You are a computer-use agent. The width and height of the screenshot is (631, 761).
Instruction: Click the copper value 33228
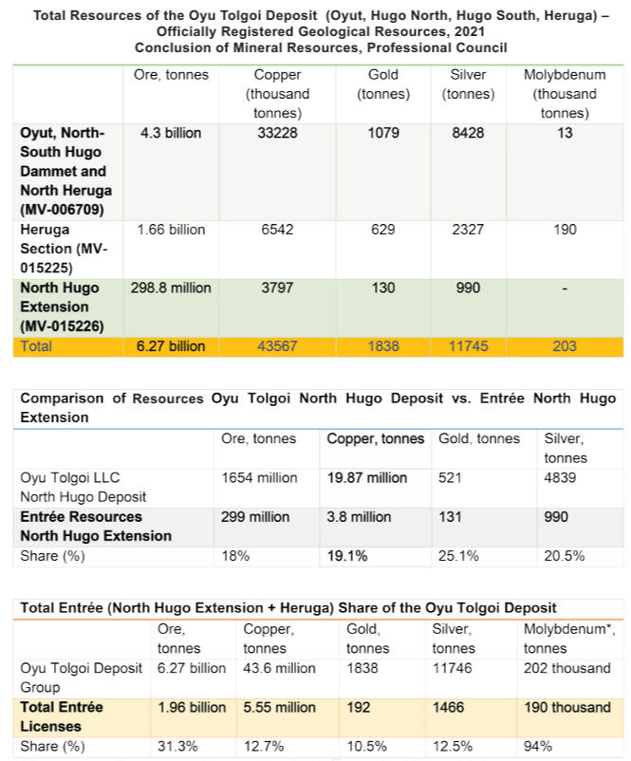coord(277,133)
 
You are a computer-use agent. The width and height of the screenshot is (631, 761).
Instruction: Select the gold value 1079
coord(383,133)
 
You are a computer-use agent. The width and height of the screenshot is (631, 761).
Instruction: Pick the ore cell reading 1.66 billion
coord(172,230)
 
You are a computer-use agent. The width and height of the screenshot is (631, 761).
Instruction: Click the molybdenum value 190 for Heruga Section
coord(565,230)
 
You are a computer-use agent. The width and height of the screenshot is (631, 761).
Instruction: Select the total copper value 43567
coord(277,346)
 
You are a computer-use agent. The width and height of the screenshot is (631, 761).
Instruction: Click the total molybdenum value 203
coord(565,346)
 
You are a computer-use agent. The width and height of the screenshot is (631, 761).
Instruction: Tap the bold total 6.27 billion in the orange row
coord(171,346)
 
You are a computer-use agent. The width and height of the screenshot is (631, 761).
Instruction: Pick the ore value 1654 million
coord(259,477)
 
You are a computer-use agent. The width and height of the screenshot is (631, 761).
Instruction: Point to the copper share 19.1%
coord(348,556)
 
